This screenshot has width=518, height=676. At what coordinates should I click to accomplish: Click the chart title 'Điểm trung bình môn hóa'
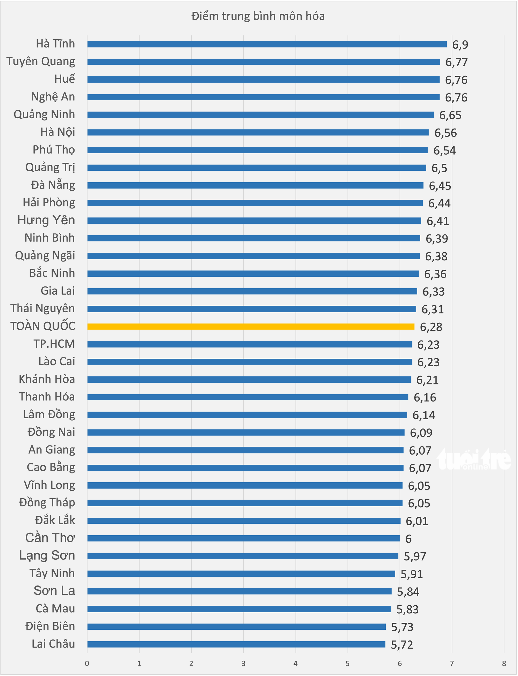258,16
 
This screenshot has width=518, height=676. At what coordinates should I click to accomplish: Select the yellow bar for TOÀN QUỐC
251,326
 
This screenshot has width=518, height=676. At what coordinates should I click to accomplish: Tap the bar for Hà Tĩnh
267,44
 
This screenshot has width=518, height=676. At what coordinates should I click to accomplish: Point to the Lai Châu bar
236,644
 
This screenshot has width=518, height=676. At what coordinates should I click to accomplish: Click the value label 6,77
457,62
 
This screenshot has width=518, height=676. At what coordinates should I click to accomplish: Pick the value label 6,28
431,327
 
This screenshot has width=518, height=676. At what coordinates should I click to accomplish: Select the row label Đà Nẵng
53,185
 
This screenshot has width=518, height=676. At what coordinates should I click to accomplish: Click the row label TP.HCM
54,344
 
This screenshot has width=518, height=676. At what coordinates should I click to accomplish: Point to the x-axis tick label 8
504,663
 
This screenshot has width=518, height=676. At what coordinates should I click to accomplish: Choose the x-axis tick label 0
87,663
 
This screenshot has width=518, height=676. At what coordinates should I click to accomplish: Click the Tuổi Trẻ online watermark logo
474,459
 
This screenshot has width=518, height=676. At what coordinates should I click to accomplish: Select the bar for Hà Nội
258,133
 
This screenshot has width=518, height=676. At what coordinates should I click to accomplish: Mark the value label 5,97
415,556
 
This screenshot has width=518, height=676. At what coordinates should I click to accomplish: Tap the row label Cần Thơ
50,538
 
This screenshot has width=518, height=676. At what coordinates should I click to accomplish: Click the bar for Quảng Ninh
261,115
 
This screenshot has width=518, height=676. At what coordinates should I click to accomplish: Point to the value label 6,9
460,45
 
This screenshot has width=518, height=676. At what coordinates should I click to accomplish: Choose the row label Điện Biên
50,626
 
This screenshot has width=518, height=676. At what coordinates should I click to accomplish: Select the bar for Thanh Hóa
248,397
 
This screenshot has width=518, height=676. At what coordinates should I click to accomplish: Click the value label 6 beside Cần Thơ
408,539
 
